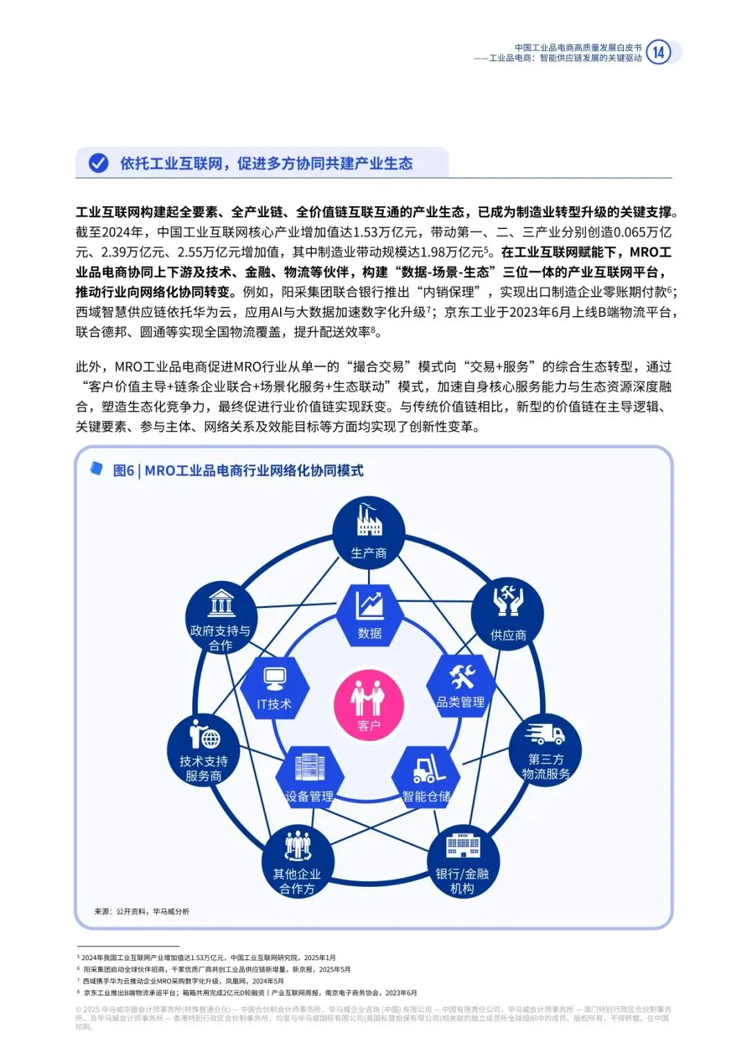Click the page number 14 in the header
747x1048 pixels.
pos(658,53)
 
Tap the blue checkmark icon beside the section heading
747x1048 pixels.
pos(99,163)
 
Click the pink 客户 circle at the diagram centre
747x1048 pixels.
pos(369,705)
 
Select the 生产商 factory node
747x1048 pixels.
pos(369,533)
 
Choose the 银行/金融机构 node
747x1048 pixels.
pos(462,862)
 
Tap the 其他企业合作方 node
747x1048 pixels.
pos(297,862)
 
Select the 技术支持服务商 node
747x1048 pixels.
pos(203,751)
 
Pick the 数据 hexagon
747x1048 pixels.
pos(369,614)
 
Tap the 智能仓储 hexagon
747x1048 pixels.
pos(427,777)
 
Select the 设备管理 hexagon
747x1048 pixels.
pos(309,777)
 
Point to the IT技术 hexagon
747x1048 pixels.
pos(275,687)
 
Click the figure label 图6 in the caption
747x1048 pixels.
pos(123,470)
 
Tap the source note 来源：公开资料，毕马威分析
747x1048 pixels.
pos(142,911)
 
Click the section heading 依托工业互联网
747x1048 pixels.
pos(172,163)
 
